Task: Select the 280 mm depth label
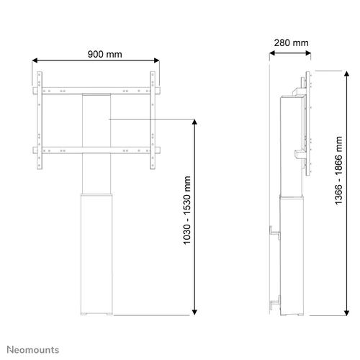(x=291, y=42)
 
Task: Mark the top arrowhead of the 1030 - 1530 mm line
(x=195, y=122)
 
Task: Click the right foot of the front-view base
(x=108, y=313)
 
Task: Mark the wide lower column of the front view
(x=96, y=252)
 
